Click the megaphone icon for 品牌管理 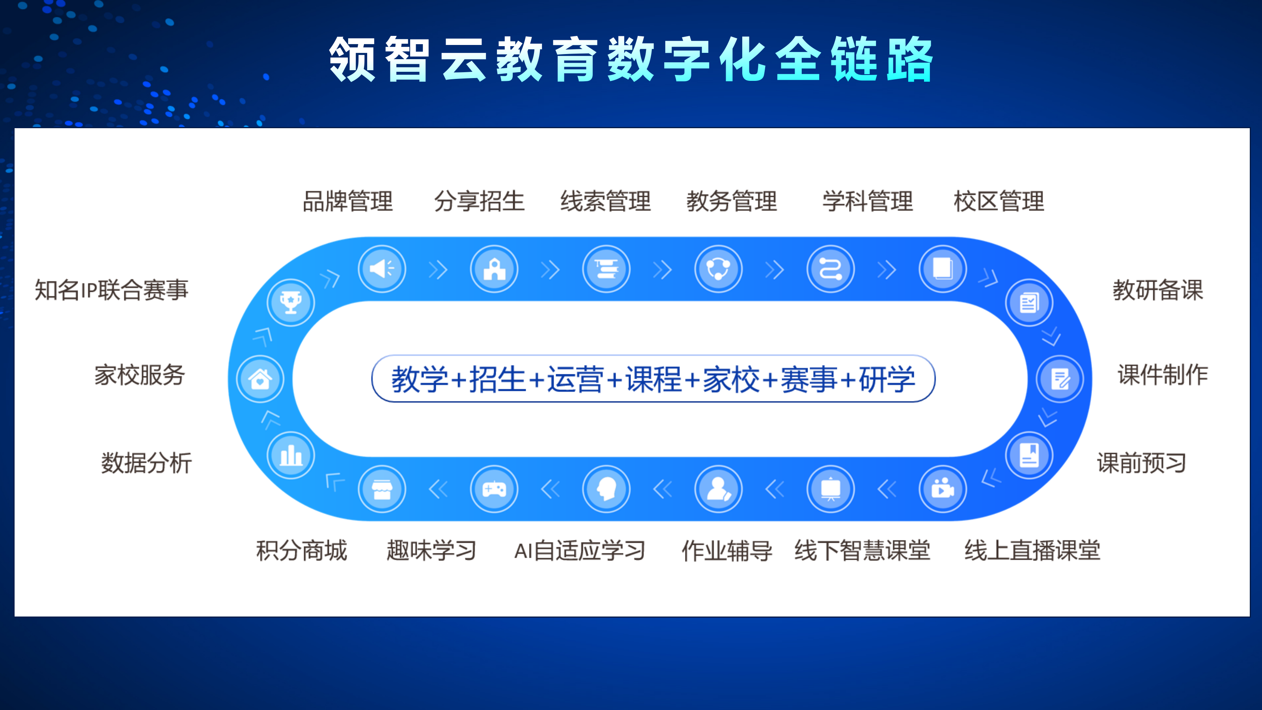click(x=382, y=269)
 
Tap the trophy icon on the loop click(x=291, y=302)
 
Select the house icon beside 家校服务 click(x=259, y=379)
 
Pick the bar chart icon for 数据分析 click(x=291, y=456)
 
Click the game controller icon click(x=494, y=489)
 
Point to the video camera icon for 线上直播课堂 click(x=942, y=489)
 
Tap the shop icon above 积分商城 click(x=382, y=489)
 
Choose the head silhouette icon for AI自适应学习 click(x=606, y=489)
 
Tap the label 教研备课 click(x=1157, y=290)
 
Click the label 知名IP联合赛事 click(x=111, y=290)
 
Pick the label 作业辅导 click(x=727, y=551)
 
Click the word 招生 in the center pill click(x=497, y=380)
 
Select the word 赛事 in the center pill click(x=808, y=380)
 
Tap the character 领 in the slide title click(x=352, y=60)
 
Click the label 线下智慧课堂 click(x=862, y=551)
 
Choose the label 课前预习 click(x=1141, y=463)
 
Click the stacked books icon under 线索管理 click(x=606, y=269)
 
